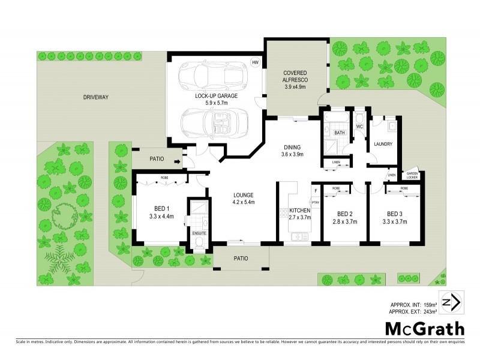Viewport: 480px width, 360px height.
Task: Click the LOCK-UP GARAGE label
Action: (217, 96)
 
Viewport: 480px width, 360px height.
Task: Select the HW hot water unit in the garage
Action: (255, 62)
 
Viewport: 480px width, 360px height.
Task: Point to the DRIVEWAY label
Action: (95, 97)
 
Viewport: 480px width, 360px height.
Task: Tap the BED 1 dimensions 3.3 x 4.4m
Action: (161, 217)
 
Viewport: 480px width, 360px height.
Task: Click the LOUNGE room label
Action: (244, 195)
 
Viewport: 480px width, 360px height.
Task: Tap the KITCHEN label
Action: (299, 211)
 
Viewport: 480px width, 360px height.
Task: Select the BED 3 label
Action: (394, 214)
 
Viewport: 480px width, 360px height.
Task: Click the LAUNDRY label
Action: (382, 144)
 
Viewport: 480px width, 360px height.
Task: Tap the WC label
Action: (360, 127)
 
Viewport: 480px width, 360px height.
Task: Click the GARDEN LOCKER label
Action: (413, 174)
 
